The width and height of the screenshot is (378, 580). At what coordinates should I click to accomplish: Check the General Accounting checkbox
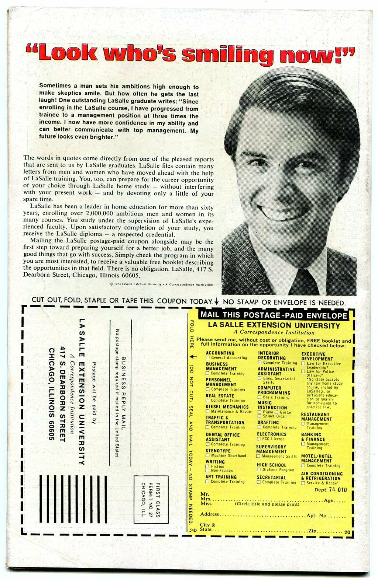[208, 358]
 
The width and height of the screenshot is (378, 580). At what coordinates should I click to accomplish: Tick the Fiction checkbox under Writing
[208, 467]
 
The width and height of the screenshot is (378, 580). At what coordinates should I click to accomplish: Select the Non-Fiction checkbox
[208, 471]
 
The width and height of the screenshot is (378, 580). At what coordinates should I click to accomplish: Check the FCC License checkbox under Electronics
[259, 439]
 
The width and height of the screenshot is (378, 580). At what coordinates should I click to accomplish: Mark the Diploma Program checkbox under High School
[259, 470]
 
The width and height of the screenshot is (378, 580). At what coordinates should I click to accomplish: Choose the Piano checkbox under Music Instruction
[260, 412]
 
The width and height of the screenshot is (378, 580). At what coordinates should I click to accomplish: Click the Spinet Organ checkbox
[260, 416]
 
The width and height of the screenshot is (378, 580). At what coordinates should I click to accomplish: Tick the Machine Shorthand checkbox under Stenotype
[208, 455]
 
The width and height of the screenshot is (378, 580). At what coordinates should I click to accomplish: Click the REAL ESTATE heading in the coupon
[220, 396]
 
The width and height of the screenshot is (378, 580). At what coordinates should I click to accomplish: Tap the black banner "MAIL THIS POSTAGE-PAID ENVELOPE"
[273, 315]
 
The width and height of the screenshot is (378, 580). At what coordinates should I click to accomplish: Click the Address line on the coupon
[258, 514]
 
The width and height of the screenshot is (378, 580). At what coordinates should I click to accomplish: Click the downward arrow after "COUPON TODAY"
[217, 301]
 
